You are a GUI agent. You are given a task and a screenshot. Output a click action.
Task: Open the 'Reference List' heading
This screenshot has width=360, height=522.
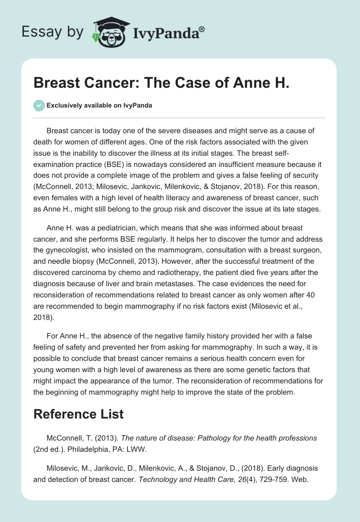(78, 414)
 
